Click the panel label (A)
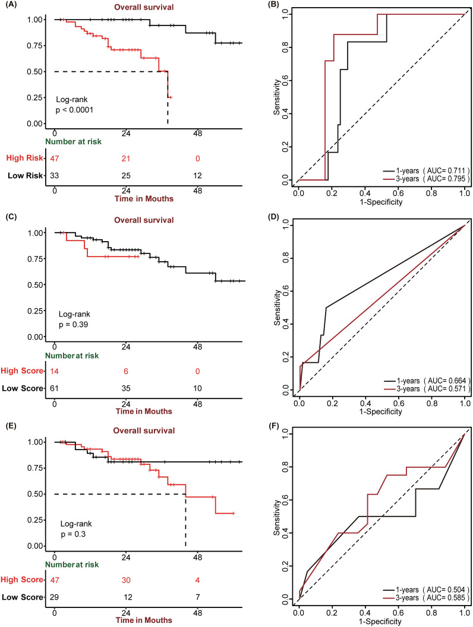(x=10, y=5)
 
